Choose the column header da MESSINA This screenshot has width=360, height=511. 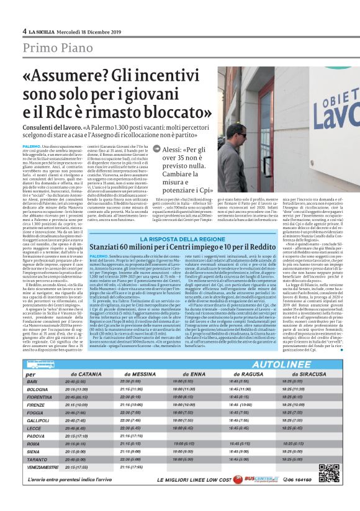click(x=139, y=374)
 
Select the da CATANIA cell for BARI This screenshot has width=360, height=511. click(x=83, y=381)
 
